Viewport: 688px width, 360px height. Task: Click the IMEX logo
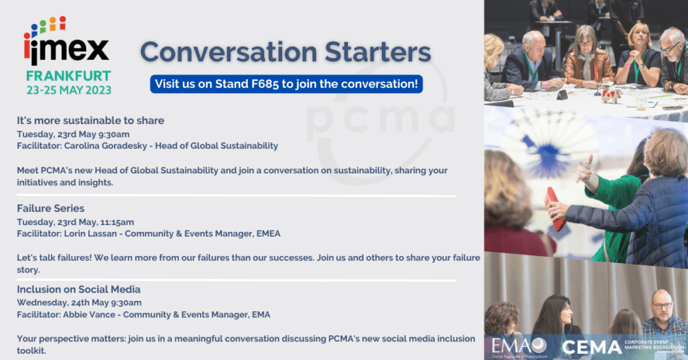(66, 41)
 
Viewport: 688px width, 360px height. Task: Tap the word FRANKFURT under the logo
(68, 76)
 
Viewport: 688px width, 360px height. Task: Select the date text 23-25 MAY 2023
(69, 90)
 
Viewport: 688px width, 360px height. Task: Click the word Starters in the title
(378, 52)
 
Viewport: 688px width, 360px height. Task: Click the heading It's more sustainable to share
(90, 120)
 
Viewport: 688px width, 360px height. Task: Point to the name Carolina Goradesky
(105, 146)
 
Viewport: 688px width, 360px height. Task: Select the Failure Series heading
(50, 208)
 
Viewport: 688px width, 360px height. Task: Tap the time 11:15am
(117, 222)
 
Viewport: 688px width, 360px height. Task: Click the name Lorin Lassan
(90, 233)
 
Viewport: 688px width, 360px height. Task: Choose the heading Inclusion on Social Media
(78, 289)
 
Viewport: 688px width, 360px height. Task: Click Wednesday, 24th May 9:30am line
(79, 302)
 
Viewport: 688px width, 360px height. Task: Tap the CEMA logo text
(592, 348)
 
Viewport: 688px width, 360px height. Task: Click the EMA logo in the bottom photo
(519, 346)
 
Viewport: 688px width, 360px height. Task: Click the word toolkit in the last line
(31, 351)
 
